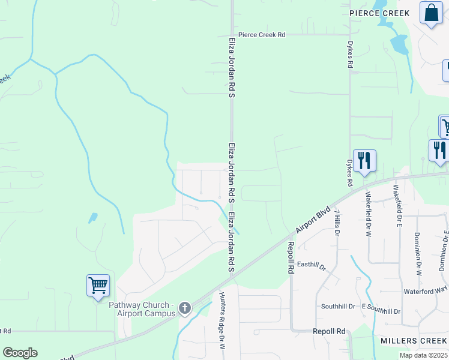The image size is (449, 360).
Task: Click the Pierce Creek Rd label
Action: click(x=261, y=35)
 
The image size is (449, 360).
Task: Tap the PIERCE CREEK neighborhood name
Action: click(x=380, y=13)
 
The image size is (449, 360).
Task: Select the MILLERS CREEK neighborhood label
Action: click(x=413, y=341)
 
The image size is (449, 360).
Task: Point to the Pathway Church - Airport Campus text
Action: click(x=142, y=308)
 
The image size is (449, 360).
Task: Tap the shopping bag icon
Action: click(x=431, y=13)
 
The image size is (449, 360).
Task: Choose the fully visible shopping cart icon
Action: click(x=98, y=285)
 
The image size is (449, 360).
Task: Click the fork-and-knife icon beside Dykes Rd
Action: click(x=364, y=160)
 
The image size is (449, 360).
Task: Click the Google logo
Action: click(x=20, y=353)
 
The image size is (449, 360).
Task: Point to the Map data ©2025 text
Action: click(x=423, y=355)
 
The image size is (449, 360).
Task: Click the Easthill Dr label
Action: click(x=310, y=265)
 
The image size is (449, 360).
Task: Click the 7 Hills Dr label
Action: click(x=337, y=222)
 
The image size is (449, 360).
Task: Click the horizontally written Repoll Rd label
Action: click(x=329, y=331)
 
